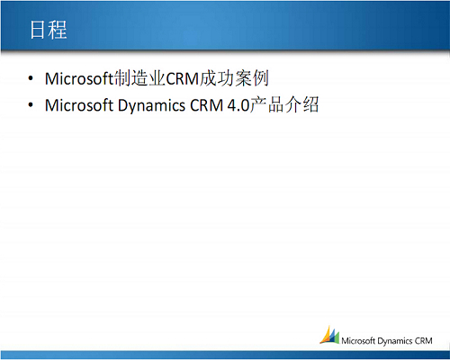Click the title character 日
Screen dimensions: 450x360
(x=38, y=30)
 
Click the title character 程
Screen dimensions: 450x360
(x=58, y=30)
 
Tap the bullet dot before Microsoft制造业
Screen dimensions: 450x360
(x=31, y=78)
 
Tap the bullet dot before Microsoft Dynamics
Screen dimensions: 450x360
(x=31, y=105)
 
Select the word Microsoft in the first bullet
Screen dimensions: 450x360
(x=79, y=78)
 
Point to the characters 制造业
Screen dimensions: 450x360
(x=139, y=78)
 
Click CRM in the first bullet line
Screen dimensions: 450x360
(x=183, y=79)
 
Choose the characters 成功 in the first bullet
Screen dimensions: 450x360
(x=217, y=78)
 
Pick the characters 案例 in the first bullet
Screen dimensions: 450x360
(x=251, y=78)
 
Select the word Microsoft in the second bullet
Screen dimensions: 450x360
(x=79, y=105)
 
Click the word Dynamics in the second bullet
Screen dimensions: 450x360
(x=151, y=106)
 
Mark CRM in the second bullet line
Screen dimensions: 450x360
(x=207, y=105)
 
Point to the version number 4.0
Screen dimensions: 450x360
(x=238, y=105)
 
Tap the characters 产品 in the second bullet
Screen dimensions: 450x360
(x=266, y=105)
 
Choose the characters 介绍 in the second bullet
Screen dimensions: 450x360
(x=301, y=105)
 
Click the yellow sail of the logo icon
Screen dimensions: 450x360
(x=326, y=335)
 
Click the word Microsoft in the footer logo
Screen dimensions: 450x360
(x=358, y=341)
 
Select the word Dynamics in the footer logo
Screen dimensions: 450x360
(x=395, y=341)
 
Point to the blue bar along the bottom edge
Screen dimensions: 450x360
(x=225, y=355)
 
